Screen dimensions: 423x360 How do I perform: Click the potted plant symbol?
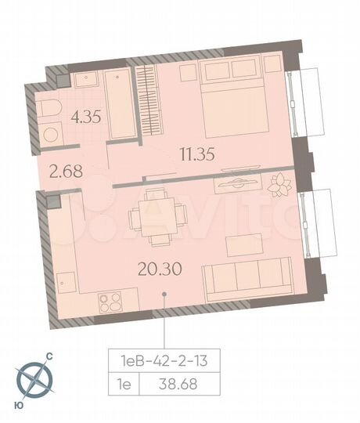tap(278, 185)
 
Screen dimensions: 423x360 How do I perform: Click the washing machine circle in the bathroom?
tap(51, 134)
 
